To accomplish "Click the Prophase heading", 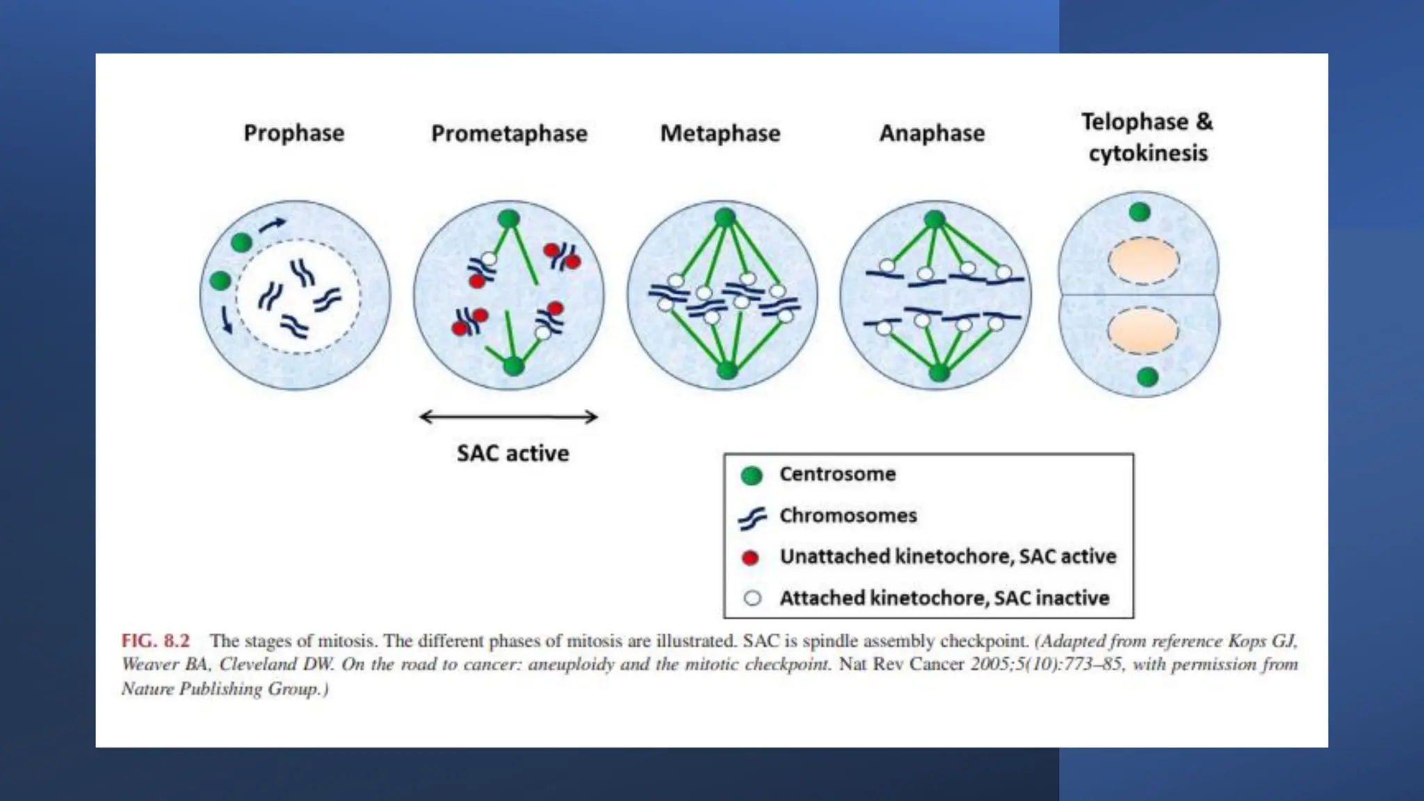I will [293, 133].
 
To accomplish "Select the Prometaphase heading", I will [509, 133].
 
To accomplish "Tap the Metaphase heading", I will [720, 133].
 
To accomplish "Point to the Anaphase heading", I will [932, 133].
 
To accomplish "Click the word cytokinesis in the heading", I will [1148, 153].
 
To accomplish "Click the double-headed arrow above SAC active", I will [508, 416].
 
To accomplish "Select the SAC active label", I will [512, 453].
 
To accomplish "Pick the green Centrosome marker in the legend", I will [752, 475].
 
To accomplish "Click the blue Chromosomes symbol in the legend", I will [752, 517].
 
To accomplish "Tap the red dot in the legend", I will [750, 558].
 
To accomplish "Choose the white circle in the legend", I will [752, 598].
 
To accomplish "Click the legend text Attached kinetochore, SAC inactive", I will [944, 598].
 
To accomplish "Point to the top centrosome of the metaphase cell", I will [725, 218].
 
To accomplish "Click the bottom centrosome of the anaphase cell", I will [939, 373].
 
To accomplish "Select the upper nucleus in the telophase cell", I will [1143, 261].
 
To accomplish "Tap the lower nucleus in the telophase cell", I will [1142, 331].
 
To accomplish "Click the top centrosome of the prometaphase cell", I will [509, 219].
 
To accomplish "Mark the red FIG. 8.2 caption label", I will [155, 640].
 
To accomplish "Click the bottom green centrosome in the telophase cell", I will [1147, 377].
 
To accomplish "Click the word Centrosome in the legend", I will [837, 474].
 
